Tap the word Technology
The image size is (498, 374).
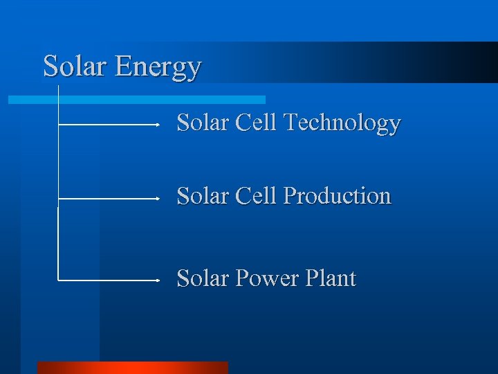coord(342,123)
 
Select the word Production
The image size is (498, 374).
coord(338,197)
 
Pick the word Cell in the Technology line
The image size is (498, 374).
coord(256,123)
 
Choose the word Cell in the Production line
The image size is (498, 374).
coord(256,197)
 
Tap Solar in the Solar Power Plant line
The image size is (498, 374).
coord(203,279)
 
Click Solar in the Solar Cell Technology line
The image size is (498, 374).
coord(203,123)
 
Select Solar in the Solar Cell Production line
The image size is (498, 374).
coord(203,197)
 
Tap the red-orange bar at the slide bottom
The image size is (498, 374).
coord(132,367)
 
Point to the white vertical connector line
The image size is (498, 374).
coord(58,166)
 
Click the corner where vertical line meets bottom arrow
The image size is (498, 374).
coord(58,280)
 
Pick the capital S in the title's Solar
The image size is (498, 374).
coord(50,66)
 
